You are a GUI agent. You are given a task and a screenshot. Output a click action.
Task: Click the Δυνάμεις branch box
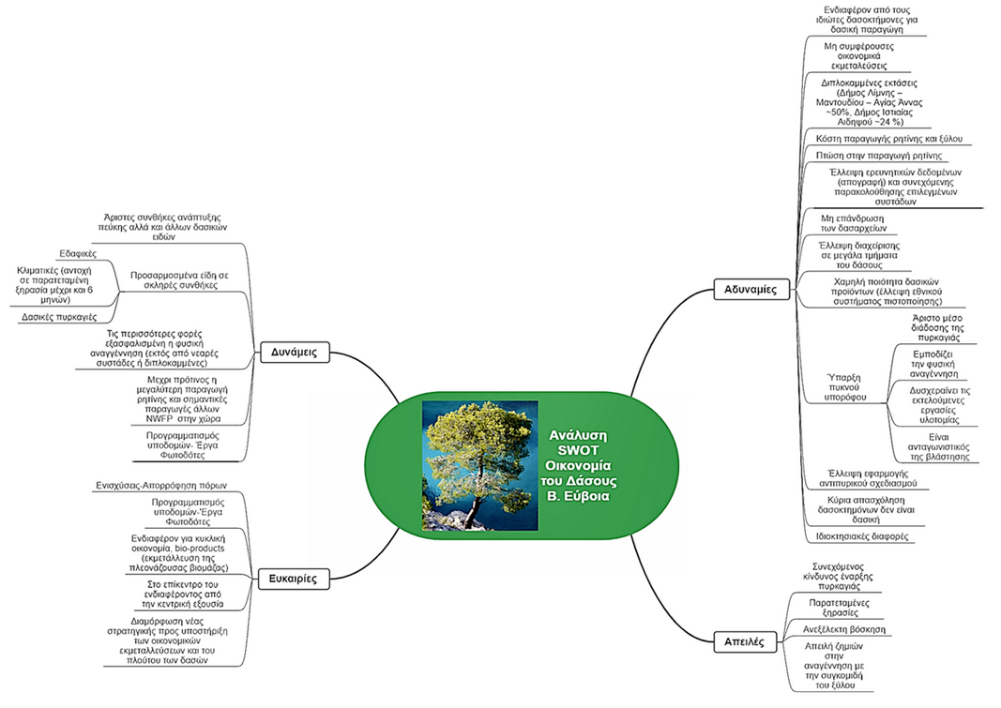292,353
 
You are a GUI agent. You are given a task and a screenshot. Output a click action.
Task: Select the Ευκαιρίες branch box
294,579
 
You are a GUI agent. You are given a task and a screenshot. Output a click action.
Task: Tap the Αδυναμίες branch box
750,289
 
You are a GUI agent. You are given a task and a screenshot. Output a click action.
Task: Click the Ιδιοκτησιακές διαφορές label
857,537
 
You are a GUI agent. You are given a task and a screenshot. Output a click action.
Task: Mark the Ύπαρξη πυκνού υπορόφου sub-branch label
843,386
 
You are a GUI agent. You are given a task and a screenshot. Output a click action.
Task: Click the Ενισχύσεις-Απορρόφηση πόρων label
162,485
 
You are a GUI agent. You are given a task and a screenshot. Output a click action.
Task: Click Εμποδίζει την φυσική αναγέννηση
933,361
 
